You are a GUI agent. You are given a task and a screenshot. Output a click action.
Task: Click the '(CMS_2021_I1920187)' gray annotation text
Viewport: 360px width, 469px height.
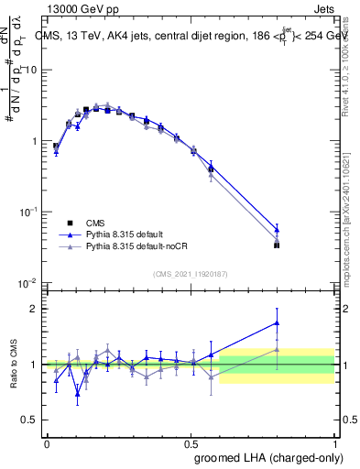click(x=191, y=274)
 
